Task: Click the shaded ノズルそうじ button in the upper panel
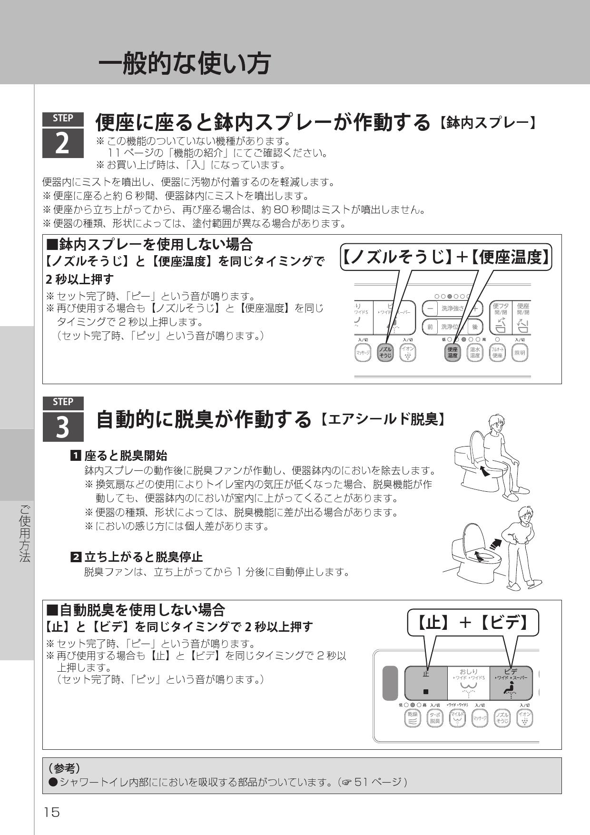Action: (x=385, y=352)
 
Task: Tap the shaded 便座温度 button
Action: (x=452, y=352)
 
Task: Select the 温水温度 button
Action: (x=475, y=352)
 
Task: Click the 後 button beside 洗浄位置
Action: (x=474, y=327)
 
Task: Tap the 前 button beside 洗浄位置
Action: (x=430, y=327)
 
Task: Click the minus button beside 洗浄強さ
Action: (x=430, y=308)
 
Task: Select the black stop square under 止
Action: (x=426, y=691)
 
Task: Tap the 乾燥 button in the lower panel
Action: (x=412, y=717)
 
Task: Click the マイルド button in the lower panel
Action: (x=457, y=717)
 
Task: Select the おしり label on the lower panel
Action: (x=468, y=671)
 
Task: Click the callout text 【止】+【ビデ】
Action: (x=473, y=622)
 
